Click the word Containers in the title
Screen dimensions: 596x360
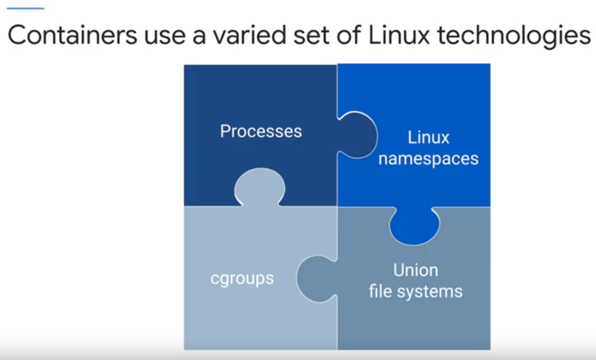72,35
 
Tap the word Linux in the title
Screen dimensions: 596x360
399,35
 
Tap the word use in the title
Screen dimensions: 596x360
164,36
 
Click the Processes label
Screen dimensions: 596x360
261,131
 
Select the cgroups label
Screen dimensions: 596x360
242,278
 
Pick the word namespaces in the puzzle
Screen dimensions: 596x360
428,158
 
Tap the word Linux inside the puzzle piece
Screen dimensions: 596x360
428,137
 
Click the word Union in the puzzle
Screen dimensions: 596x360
415,270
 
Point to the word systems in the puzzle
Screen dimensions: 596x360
430,292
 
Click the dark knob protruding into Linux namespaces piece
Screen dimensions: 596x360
359,135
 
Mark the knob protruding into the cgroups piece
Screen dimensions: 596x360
315,278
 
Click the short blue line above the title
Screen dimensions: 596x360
25,8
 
